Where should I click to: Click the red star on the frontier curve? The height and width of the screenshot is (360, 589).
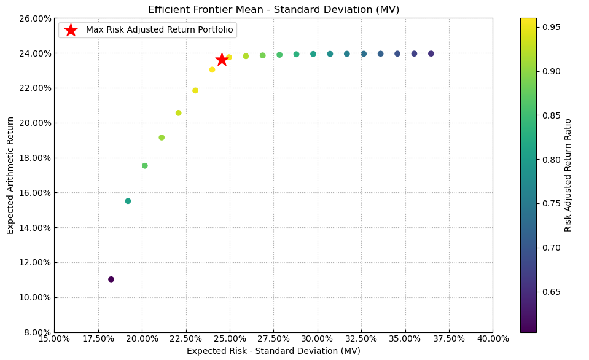222,60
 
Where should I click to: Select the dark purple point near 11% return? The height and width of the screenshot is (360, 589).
111,280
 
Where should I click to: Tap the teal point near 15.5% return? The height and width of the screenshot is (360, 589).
128,201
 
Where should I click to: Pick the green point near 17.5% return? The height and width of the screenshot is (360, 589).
145,166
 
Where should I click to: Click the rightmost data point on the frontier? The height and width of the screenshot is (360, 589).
431,53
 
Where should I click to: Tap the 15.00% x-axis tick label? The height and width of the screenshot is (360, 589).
54,338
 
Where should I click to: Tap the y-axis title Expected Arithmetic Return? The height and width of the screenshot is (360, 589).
10,175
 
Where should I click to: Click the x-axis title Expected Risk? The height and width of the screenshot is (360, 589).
273,351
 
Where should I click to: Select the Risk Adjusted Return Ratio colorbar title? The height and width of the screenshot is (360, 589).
568,175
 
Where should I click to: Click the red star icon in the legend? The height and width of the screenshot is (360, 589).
71,30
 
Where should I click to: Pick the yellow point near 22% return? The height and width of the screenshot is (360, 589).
195,90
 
